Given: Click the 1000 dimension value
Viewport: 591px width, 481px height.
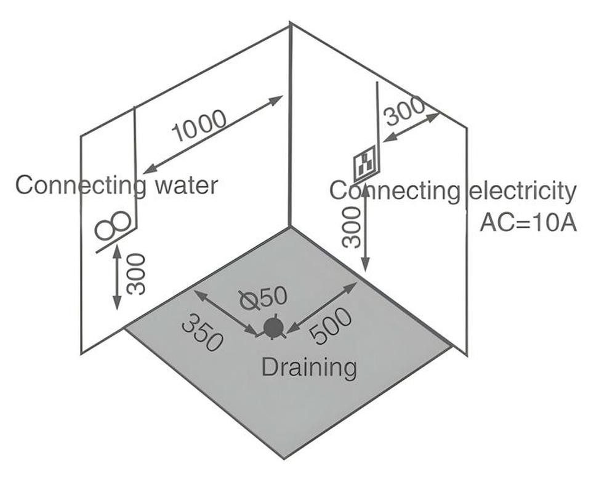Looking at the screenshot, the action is point(199,126).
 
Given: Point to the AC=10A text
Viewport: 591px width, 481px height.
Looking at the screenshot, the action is point(528,223).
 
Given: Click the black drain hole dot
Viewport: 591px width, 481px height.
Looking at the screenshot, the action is point(273,327).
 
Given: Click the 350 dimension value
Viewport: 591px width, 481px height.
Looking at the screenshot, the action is point(202,332).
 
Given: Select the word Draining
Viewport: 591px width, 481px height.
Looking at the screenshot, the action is point(309,368).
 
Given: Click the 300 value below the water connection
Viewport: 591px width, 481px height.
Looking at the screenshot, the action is point(135,274).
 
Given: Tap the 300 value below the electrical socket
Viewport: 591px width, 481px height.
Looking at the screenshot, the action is point(352,227).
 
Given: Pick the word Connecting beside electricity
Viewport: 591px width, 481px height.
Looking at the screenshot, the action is point(395,191).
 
